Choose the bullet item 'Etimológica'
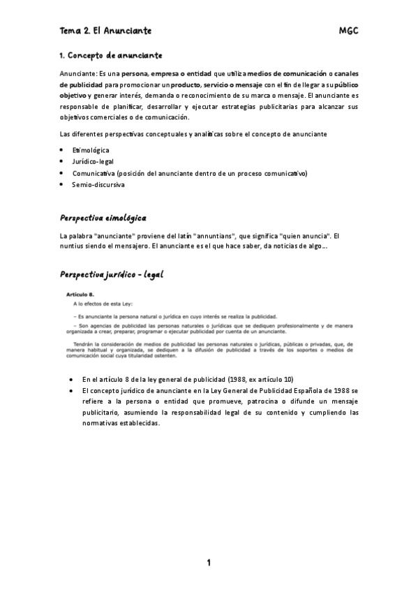[91, 150]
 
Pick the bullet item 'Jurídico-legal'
[94, 161]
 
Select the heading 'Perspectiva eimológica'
[103, 219]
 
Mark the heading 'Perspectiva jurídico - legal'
[112, 274]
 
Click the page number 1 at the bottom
[209, 563]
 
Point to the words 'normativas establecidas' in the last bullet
[121, 423]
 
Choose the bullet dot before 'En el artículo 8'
[74, 379]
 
